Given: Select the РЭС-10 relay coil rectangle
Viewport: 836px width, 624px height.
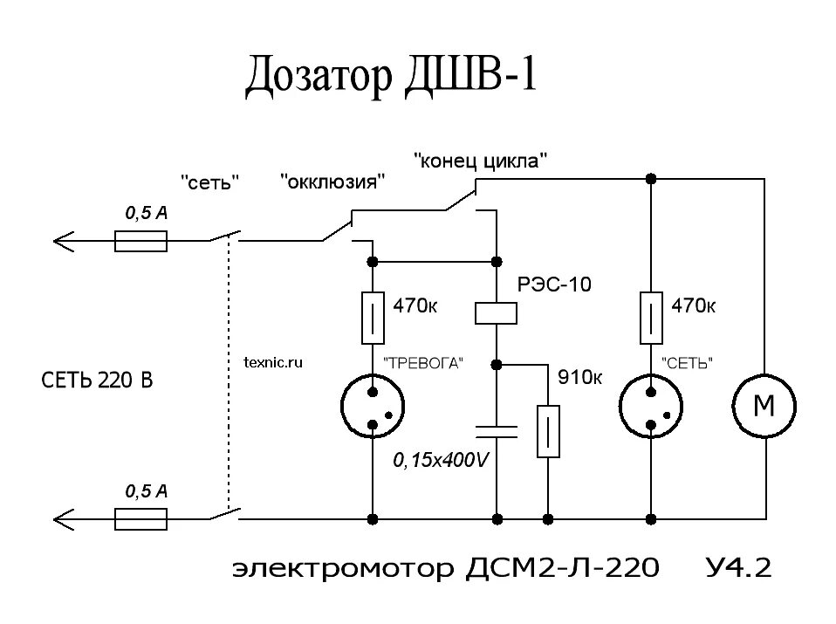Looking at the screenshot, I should point(496,312).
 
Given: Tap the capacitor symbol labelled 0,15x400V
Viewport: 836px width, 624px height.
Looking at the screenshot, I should point(496,429).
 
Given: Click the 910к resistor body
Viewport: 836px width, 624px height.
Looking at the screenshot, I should point(548,431).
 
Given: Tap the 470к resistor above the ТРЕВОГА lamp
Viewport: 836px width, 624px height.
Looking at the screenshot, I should point(373,318).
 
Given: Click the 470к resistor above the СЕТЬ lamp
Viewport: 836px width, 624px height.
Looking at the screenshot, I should point(651,318).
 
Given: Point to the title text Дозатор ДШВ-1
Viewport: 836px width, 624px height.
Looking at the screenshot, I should point(390,79).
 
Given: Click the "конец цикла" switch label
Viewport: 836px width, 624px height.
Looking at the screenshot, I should point(481,161).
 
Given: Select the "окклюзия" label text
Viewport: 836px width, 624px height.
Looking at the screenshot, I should point(332,182).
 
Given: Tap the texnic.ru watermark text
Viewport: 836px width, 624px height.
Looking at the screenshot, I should point(273,363).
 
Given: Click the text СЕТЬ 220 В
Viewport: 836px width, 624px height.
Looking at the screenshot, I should point(98,381).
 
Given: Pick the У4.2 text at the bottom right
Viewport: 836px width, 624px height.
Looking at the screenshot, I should point(738,569).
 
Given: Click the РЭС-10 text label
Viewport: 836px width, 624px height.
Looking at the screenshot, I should point(552,285).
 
